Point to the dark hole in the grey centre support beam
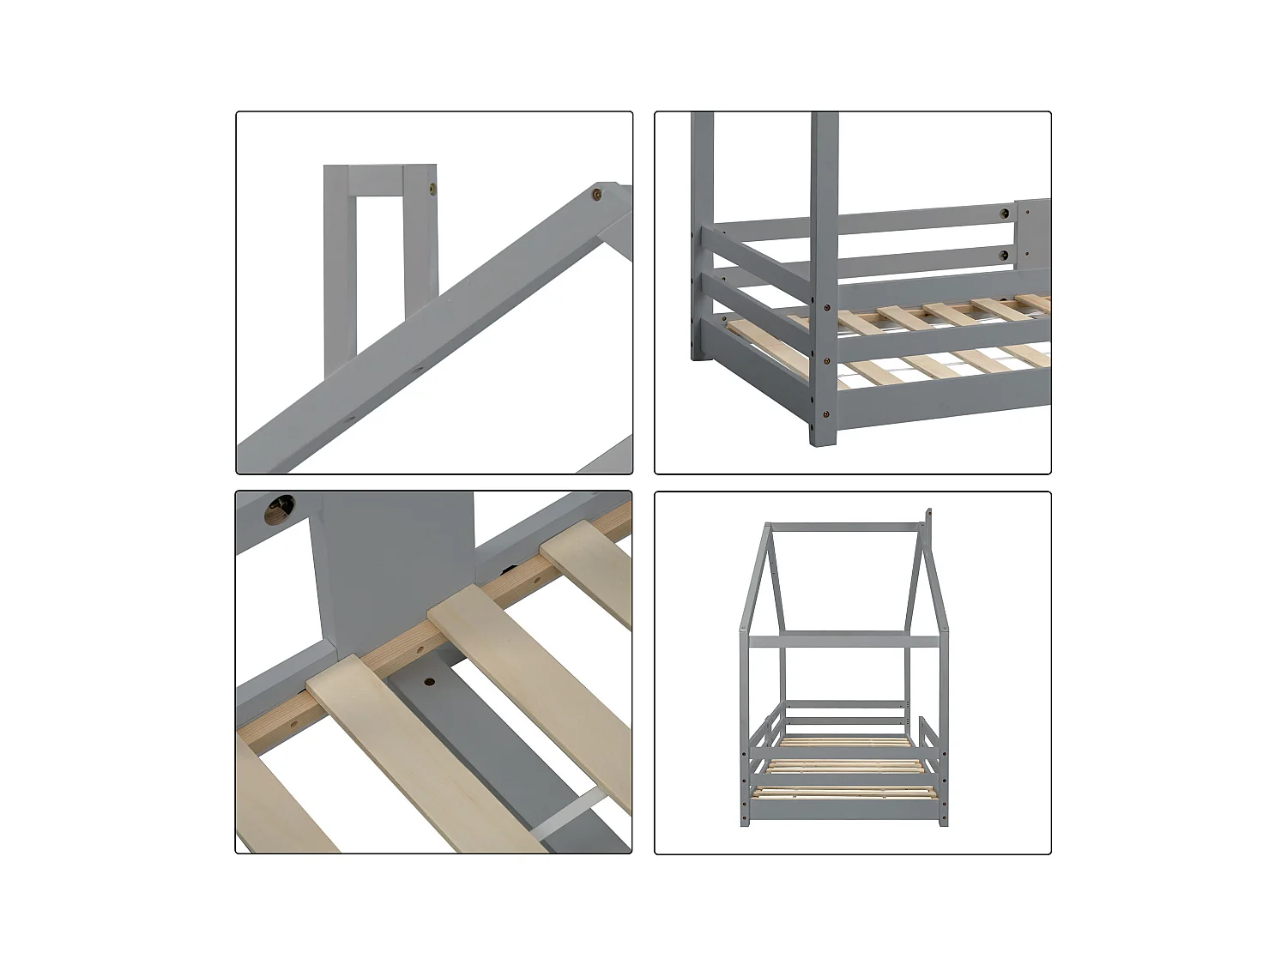[x=427, y=683]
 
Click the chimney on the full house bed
[x=928, y=526]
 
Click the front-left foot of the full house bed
[x=744, y=822]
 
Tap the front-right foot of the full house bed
[x=944, y=821]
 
